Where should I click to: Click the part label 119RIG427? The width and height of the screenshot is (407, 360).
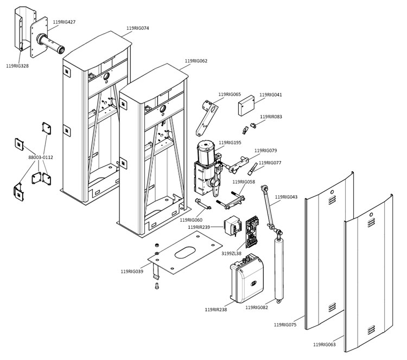point(65,22)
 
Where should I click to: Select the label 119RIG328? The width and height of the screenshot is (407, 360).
point(17,66)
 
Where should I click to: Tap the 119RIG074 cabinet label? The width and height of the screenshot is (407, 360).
point(137,28)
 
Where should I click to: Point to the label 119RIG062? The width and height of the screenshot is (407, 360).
point(196,61)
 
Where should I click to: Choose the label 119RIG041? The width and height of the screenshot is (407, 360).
point(271,94)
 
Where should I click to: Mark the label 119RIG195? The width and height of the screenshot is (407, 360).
point(230,143)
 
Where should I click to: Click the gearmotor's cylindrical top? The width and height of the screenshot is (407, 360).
point(206,147)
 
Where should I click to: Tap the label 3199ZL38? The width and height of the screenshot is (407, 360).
point(231,253)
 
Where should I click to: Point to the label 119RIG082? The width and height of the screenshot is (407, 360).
point(257,307)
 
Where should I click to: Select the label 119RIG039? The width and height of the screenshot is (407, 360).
point(132,271)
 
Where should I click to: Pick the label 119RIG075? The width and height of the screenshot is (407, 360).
point(285,324)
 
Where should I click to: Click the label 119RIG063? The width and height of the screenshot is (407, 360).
point(325,344)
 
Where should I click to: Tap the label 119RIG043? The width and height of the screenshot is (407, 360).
point(286,197)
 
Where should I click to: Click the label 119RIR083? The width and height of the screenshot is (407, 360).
point(271,117)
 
